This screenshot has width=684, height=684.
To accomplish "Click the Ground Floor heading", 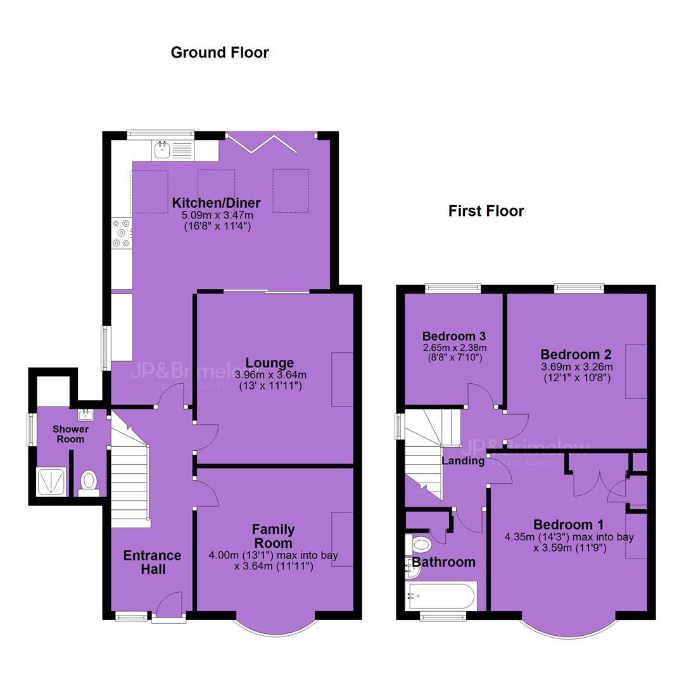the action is pos(220,53).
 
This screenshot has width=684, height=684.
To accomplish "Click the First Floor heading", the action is pos(486,211).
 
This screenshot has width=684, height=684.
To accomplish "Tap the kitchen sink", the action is pos(162,150).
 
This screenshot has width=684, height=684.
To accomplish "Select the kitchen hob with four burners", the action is pos(122,233).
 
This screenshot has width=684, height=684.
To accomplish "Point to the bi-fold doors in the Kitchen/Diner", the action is pos(262,144).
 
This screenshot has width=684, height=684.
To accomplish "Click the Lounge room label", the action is pos(270,363).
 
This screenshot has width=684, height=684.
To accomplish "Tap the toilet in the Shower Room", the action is pos(89,482).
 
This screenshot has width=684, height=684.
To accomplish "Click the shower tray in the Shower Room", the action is pos(51,481).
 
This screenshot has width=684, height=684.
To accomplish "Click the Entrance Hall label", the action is pos(152,562).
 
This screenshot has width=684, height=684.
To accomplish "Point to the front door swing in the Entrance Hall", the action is pos(169,604).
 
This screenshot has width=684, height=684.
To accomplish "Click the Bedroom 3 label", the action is pos(453,336).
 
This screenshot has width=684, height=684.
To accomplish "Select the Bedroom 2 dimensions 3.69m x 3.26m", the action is pos(577,367).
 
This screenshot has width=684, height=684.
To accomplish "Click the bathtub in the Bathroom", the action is pos(441,596).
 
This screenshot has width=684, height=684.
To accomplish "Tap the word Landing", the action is pos(463,461).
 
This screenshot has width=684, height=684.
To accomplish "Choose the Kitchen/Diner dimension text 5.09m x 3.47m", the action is pos(217,215).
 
